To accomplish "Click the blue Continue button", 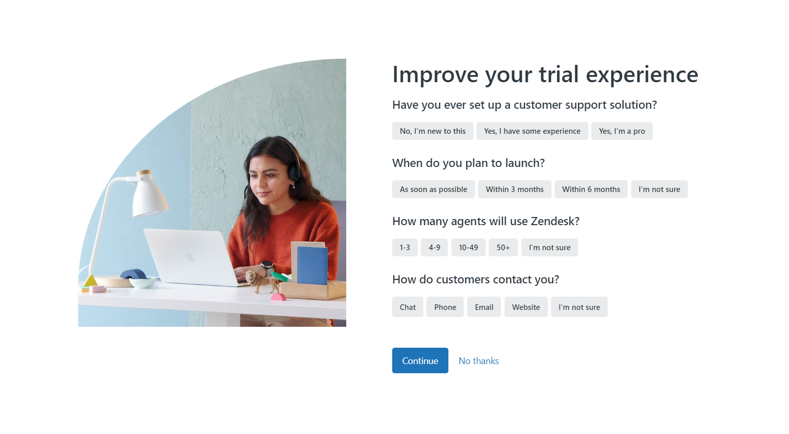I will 420,360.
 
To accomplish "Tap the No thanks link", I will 479,361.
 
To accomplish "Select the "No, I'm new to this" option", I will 433,131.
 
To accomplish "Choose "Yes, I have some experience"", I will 532,131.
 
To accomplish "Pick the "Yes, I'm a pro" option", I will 621,131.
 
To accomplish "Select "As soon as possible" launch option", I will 433,189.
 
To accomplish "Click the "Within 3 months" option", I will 514,189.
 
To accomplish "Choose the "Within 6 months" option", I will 591,189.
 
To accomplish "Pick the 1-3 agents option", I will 404,248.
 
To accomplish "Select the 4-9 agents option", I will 434,248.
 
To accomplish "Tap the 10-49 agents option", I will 468,248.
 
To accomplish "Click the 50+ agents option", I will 503,248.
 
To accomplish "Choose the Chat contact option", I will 408,307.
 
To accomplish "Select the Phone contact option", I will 445,307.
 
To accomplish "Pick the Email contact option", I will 484,307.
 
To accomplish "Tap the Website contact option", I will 525,307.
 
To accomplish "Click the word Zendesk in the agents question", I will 555,221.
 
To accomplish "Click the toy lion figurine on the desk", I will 259,281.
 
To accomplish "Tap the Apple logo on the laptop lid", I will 190,257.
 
